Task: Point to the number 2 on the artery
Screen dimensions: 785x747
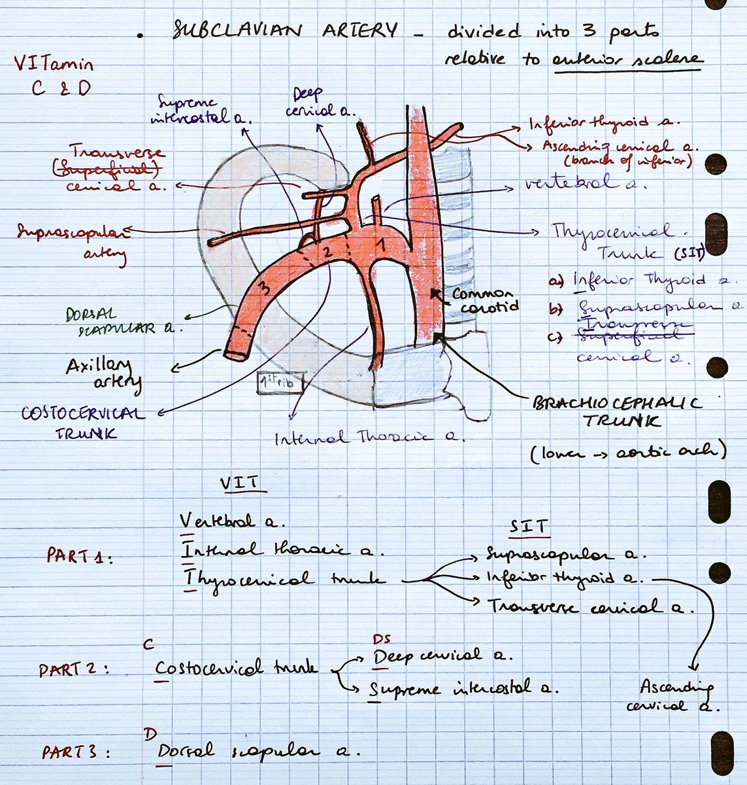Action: tap(329, 251)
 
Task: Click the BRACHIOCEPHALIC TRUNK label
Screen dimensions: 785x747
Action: tap(618, 412)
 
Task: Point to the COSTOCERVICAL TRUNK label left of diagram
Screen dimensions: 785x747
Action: tap(82, 423)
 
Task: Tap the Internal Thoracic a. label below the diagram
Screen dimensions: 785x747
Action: tap(369, 438)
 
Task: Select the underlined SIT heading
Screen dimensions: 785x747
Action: tap(529, 526)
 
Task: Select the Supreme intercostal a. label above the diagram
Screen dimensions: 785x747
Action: tap(201, 109)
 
